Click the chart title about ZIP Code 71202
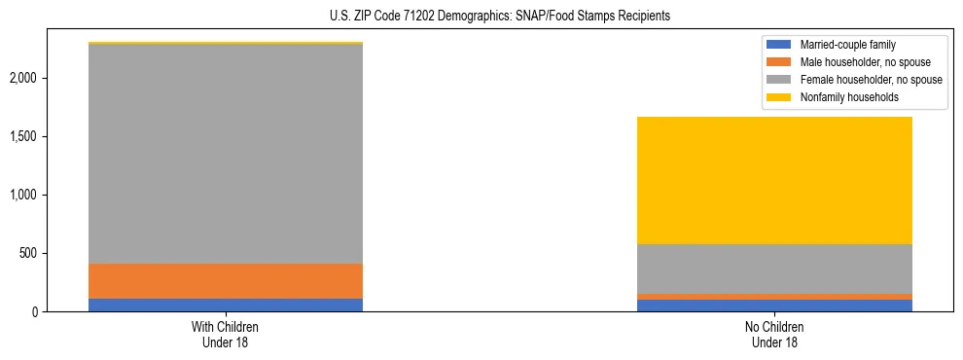(481, 17)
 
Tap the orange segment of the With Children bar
(226, 280)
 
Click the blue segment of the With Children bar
(226, 305)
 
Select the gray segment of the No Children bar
(774, 269)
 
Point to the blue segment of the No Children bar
(774, 306)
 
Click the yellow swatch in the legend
(780, 97)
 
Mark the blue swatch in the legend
(780, 45)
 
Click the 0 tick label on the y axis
(60, 312)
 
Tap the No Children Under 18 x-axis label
(774, 335)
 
